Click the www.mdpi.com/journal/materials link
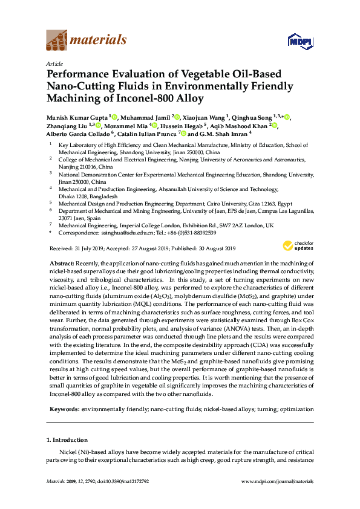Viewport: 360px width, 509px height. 277,481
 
